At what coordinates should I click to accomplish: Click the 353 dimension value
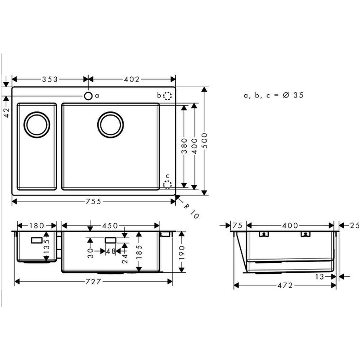point(50,79)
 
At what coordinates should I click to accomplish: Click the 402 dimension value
point(132,79)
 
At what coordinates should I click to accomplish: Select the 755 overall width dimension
point(93,202)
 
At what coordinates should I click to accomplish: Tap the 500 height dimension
point(205,141)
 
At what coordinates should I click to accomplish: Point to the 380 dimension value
point(184,146)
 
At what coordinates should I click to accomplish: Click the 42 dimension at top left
point(7,113)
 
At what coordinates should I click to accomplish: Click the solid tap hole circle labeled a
point(88,96)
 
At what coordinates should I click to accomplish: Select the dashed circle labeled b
point(168,96)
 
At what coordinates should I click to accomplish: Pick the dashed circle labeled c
point(167,184)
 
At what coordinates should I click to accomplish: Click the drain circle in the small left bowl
point(37,125)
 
